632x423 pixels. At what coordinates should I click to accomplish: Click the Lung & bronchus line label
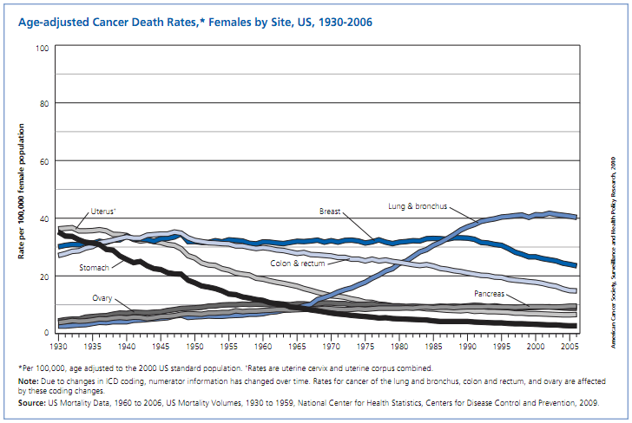coord(417,205)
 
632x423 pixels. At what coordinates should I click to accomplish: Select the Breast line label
coord(330,211)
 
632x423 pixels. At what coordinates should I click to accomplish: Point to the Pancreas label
coord(490,295)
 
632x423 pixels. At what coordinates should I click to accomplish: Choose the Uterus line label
coord(105,211)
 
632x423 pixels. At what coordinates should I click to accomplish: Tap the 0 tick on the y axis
coord(46,333)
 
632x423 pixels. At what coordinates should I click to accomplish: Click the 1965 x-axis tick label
coord(297,346)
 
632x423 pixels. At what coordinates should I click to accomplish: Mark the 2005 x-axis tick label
coord(569,346)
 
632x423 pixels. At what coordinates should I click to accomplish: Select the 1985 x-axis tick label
coord(433,346)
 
